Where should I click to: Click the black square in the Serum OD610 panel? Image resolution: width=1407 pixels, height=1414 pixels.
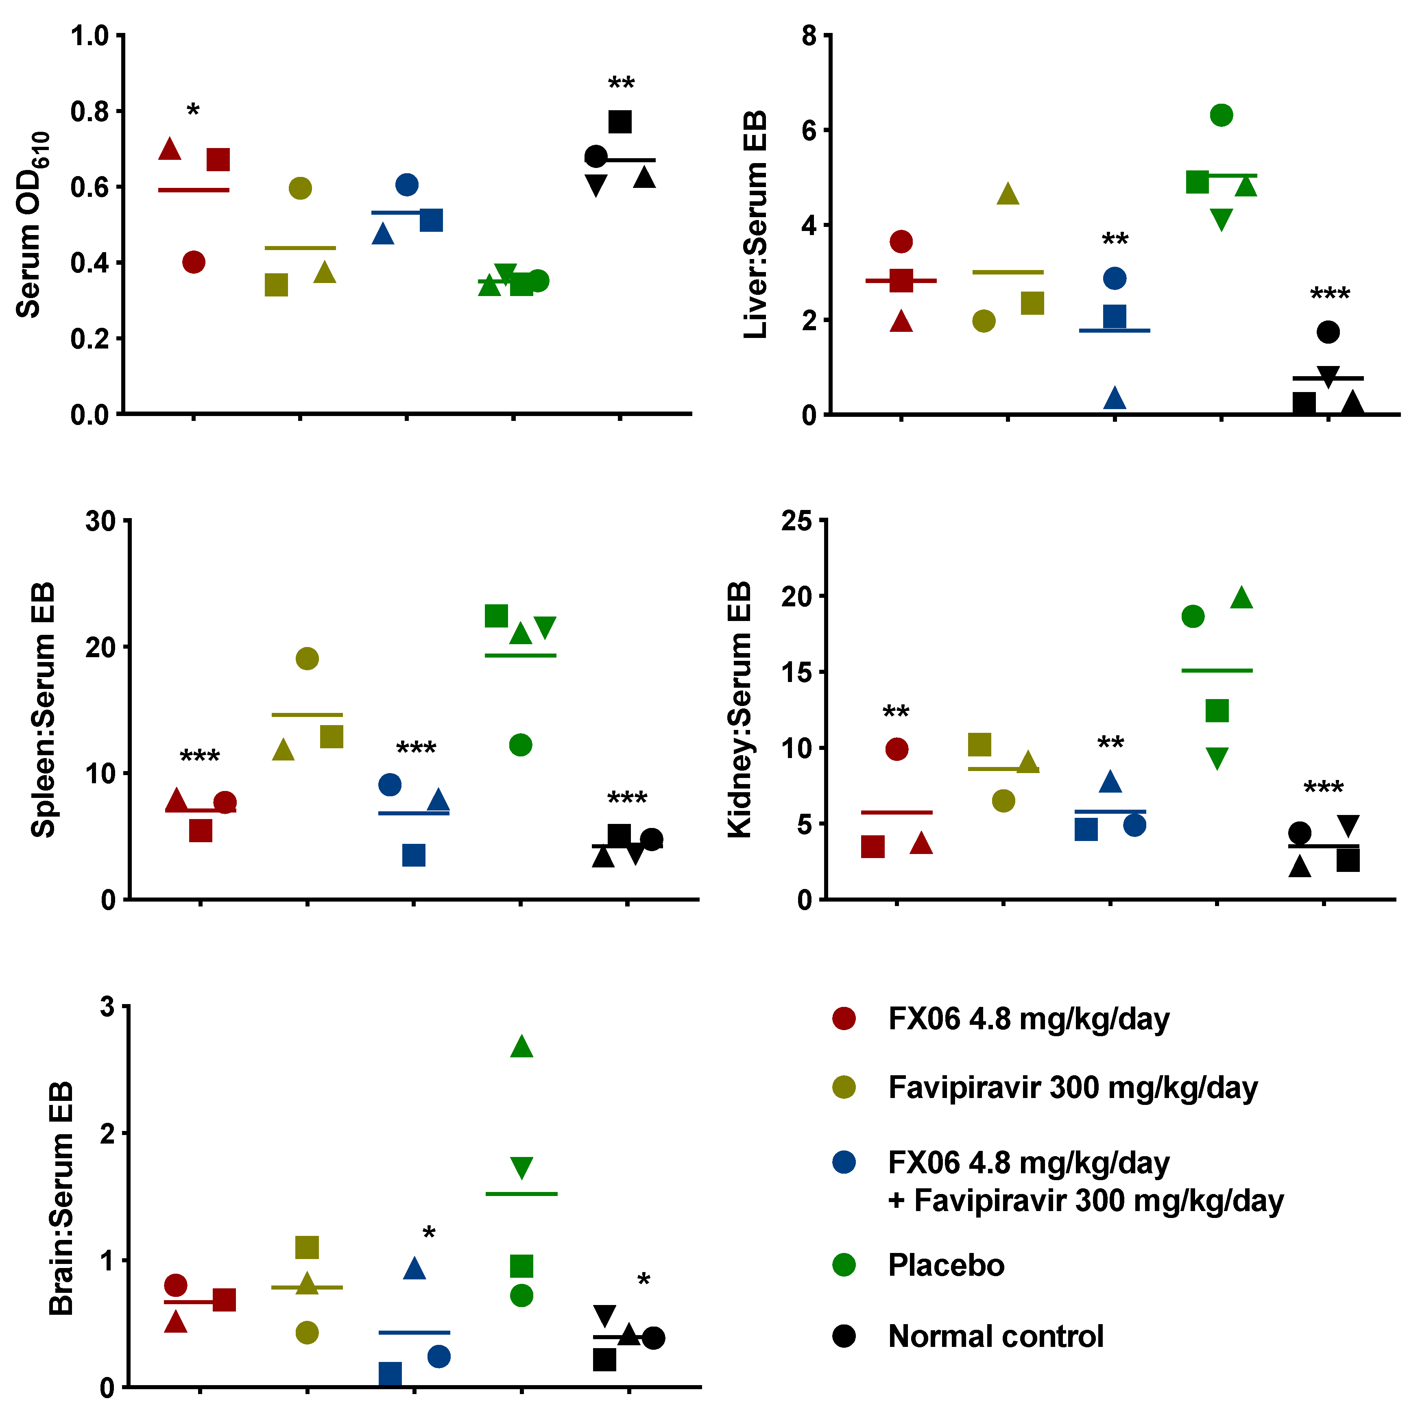620,122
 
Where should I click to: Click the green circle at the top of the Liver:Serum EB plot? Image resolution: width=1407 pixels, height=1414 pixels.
1221,115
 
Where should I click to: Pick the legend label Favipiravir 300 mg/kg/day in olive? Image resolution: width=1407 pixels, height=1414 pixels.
1073,1087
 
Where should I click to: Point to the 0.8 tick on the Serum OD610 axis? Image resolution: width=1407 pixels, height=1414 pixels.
89,111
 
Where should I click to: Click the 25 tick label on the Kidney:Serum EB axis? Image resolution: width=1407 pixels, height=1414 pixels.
796,521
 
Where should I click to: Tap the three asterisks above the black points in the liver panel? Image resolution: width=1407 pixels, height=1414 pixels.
1329,295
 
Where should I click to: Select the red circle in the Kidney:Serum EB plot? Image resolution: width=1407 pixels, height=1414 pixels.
896,749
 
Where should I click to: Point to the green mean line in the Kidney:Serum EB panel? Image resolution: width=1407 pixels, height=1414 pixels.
1217,670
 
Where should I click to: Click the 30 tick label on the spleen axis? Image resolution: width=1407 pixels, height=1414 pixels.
100,521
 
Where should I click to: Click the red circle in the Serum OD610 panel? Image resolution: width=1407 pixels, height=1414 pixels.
193,262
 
